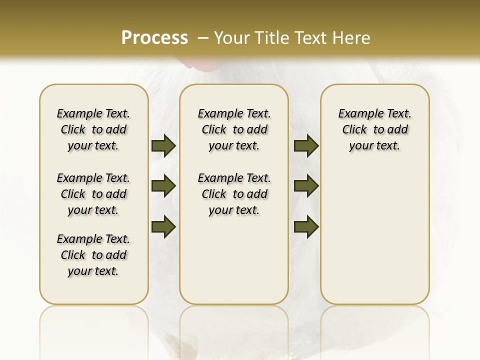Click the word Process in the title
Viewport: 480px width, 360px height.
[154, 38]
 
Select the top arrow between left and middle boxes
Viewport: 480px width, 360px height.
[163, 145]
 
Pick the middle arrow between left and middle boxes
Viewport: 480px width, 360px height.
[163, 186]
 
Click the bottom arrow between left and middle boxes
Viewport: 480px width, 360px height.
[163, 226]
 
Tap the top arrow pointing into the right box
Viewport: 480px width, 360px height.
[306, 145]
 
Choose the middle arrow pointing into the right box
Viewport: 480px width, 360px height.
[306, 186]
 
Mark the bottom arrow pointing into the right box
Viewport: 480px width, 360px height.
[306, 226]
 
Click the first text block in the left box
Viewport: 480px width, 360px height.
[93, 129]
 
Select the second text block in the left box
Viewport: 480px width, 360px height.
[93, 194]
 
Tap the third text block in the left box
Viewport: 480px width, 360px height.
[93, 255]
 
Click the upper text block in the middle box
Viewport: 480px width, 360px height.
[234, 129]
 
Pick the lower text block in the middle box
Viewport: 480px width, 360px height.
[234, 194]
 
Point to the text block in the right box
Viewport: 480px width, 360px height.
[374, 129]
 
